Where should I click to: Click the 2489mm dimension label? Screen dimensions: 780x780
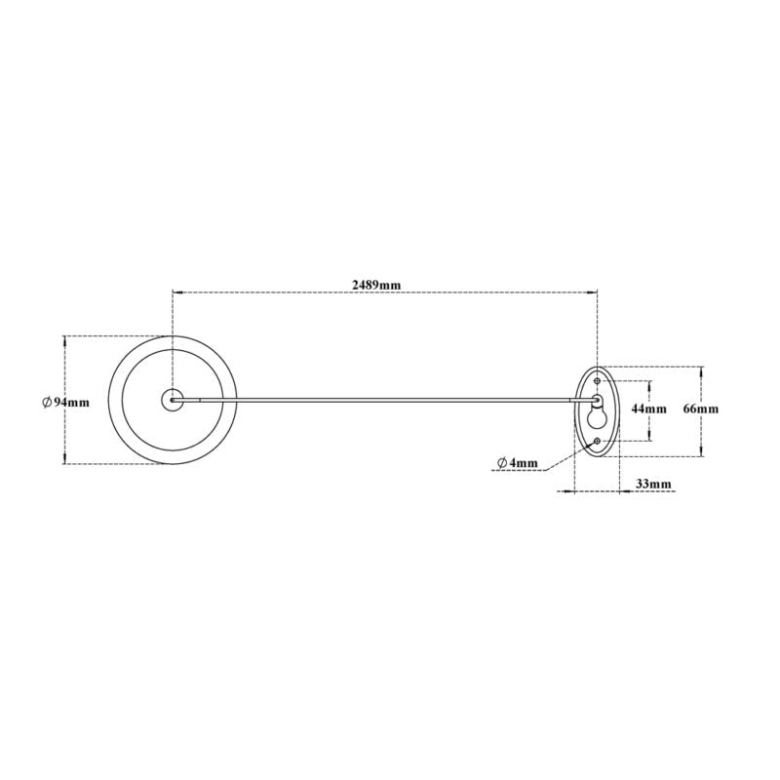(x=376, y=284)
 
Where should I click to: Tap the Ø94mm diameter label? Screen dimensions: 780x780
(x=67, y=402)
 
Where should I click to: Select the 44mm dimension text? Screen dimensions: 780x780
(x=649, y=409)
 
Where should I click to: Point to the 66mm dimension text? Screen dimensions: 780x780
(x=700, y=409)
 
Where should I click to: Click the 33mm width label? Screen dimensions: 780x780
(x=653, y=484)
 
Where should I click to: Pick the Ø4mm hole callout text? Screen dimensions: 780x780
(x=518, y=461)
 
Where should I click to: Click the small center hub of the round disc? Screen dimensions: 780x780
(x=173, y=399)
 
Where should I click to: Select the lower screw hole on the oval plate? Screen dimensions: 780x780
(x=597, y=442)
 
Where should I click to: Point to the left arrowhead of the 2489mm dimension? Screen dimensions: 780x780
(x=176, y=292)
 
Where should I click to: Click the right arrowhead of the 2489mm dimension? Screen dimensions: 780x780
(x=594, y=292)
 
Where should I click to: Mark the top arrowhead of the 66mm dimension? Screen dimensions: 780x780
(x=700, y=370)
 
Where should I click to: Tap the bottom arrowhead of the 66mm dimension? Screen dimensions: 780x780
(x=700, y=452)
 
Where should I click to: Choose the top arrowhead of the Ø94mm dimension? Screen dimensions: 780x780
(x=65, y=339)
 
